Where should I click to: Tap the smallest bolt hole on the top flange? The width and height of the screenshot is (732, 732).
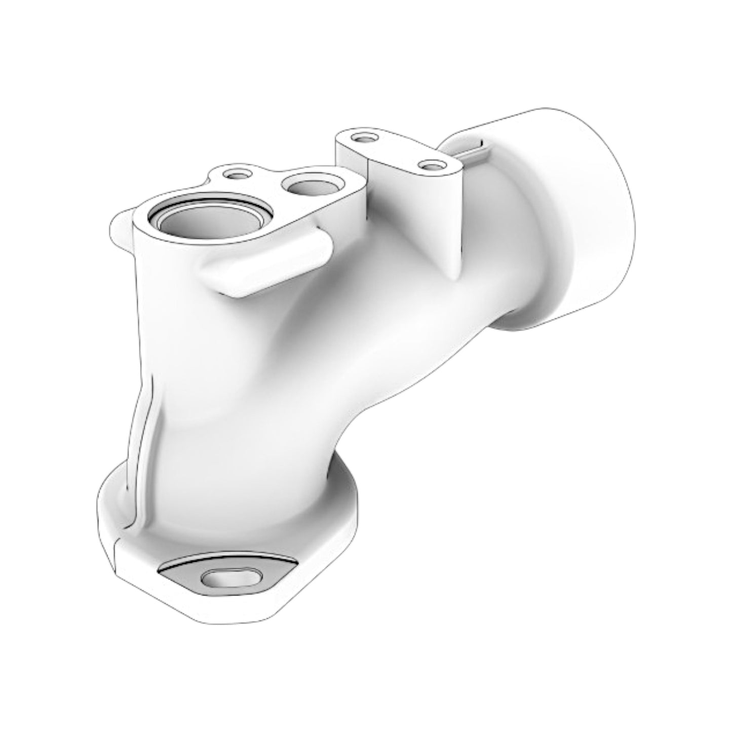pyautogui.click(x=236, y=174)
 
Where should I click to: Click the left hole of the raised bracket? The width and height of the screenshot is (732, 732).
pyautogui.click(x=362, y=137)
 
